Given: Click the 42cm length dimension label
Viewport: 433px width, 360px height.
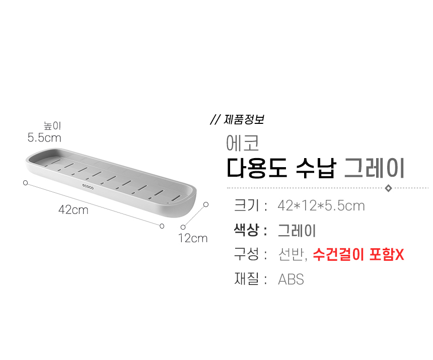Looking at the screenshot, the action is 74,210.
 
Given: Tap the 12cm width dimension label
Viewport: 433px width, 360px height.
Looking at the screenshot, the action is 193,238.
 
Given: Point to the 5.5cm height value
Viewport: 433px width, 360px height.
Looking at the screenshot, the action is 44,137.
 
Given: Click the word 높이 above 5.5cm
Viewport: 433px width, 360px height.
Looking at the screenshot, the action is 52,125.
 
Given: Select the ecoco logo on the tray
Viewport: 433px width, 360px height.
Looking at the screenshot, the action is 88,187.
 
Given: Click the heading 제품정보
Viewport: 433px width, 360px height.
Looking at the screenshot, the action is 244,119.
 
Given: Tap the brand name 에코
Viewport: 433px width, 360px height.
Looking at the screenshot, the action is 243,142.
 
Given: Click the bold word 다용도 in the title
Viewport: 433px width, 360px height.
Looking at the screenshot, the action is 257,168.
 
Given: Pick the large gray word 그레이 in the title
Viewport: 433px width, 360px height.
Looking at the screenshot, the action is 375,168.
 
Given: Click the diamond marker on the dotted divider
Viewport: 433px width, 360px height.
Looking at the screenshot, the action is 388,188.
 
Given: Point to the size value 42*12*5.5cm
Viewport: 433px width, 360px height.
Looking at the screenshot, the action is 321,205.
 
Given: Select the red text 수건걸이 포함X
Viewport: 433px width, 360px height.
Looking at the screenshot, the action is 358,254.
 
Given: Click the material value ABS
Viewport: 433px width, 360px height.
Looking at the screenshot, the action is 291,279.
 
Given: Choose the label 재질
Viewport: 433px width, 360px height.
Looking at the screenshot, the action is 246,278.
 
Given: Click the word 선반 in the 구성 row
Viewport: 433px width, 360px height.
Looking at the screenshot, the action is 291,254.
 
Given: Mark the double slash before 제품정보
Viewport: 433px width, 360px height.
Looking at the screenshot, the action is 215,119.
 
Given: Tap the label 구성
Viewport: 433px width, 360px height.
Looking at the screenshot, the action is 246,254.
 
